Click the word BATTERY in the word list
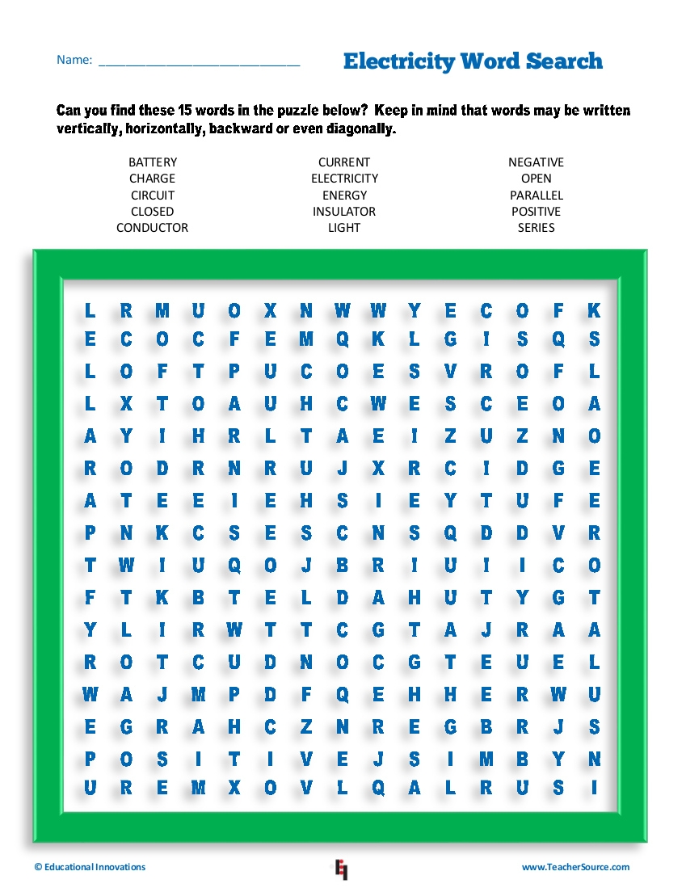coord(152,162)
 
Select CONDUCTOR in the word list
coord(152,228)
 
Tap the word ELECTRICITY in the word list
coord(344,179)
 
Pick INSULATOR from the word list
coord(344,212)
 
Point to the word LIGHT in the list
coord(344,228)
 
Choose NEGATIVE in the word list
coord(536,162)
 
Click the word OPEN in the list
coord(536,179)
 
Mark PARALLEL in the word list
coord(536,196)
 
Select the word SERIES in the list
coord(536,228)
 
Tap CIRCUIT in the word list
coord(152,196)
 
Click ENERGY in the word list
coord(344,196)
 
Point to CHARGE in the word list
coord(152,179)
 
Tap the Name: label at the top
coord(74,61)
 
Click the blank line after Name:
coord(199,62)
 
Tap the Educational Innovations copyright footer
coord(90,867)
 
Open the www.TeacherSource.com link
coord(575,867)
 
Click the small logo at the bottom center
coord(341,869)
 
